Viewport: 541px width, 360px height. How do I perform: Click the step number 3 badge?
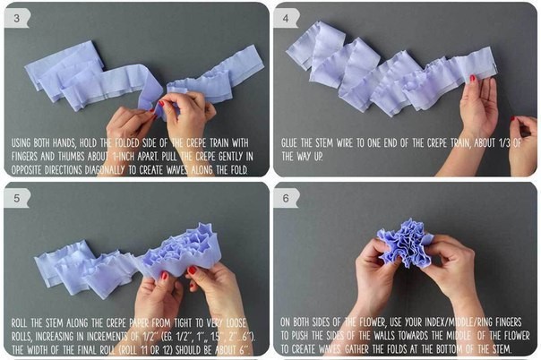(x=16, y=18)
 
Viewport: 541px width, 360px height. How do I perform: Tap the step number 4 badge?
(x=286, y=18)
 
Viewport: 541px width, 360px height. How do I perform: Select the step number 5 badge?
(x=16, y=198)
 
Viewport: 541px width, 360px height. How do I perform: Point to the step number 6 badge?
(x=286, y=198)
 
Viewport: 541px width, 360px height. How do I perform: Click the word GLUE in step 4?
(x=289, y=142)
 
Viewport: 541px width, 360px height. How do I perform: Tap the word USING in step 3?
(x=21, y=142)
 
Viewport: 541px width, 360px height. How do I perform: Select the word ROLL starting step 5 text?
(x=20, y=323)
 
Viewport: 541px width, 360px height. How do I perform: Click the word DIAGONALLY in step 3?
(x=105, y=170)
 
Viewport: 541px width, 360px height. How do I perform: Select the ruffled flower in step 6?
(x=406, y=242)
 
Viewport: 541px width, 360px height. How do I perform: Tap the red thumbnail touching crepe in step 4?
(x=473, y=78)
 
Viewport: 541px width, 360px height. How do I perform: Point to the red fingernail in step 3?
(x=161, y=103)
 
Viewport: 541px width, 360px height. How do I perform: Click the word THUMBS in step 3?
(x=72, y=157)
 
